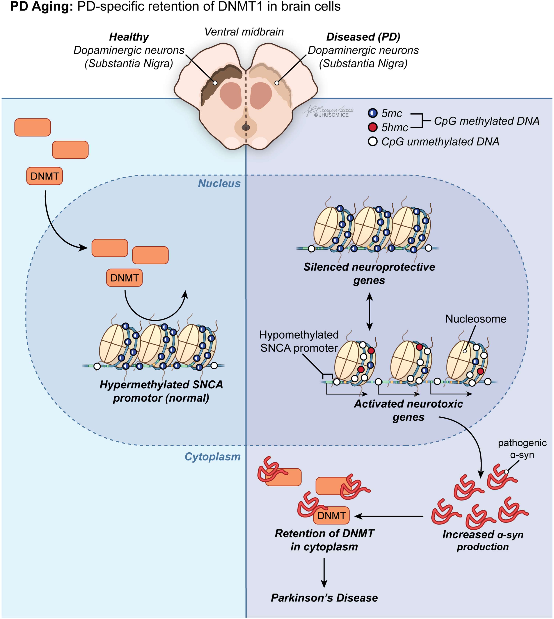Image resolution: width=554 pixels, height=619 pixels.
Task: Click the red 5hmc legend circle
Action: (373, 127)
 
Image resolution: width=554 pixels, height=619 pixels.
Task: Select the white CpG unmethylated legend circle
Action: (373, 142)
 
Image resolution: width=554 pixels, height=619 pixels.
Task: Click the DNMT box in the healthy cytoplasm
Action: (45, 176)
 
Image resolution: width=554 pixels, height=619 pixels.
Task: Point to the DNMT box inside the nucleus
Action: (124, 278)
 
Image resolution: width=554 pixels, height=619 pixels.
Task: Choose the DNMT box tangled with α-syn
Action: (331, 515)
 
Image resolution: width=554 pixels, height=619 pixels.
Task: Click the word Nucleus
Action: (219, 184)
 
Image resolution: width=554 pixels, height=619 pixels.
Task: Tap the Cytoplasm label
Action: (212, 457)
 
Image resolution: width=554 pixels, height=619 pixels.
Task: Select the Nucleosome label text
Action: (476, 319)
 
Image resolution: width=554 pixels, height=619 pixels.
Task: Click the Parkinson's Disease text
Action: (324, 598)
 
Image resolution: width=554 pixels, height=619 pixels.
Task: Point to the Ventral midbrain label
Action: (244, 32)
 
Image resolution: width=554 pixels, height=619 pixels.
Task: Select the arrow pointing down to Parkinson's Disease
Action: (324, 573)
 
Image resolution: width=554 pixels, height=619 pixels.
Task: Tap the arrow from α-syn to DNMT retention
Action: (389, 516)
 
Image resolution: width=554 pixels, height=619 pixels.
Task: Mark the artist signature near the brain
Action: (329, 112)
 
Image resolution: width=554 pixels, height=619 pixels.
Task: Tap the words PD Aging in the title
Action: (42, 7)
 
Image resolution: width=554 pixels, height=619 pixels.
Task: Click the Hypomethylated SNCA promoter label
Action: (299, 341)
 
